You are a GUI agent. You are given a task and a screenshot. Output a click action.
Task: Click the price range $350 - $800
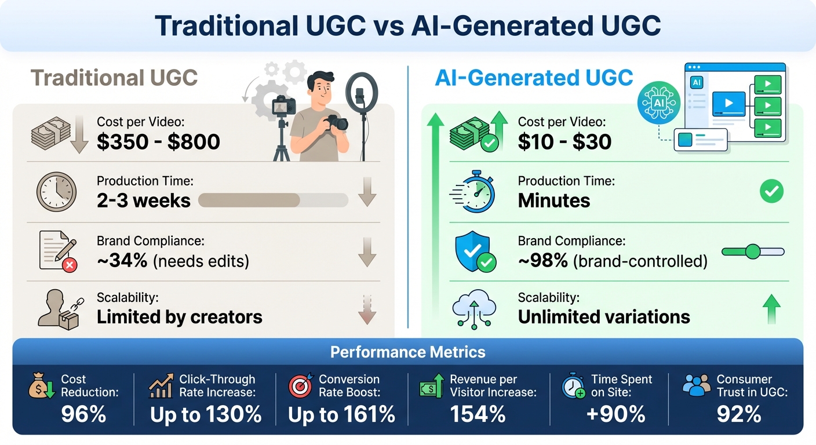click(x=158, y=141)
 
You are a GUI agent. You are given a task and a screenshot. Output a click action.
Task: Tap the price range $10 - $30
click(x=564, y=141)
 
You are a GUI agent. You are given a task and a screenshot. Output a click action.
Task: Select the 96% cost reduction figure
click(x=83, y=414)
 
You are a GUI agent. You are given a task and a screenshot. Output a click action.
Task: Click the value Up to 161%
click(x=341, y=414)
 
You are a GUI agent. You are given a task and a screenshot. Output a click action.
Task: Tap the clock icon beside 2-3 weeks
click(x=56, y=192)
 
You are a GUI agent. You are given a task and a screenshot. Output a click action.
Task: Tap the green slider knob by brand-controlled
click(x=752, y=251)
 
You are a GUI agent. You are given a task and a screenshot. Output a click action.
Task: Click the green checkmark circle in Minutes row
click(x=771, y=192)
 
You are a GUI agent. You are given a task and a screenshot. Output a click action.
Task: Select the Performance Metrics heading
click(x=407, y=352)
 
